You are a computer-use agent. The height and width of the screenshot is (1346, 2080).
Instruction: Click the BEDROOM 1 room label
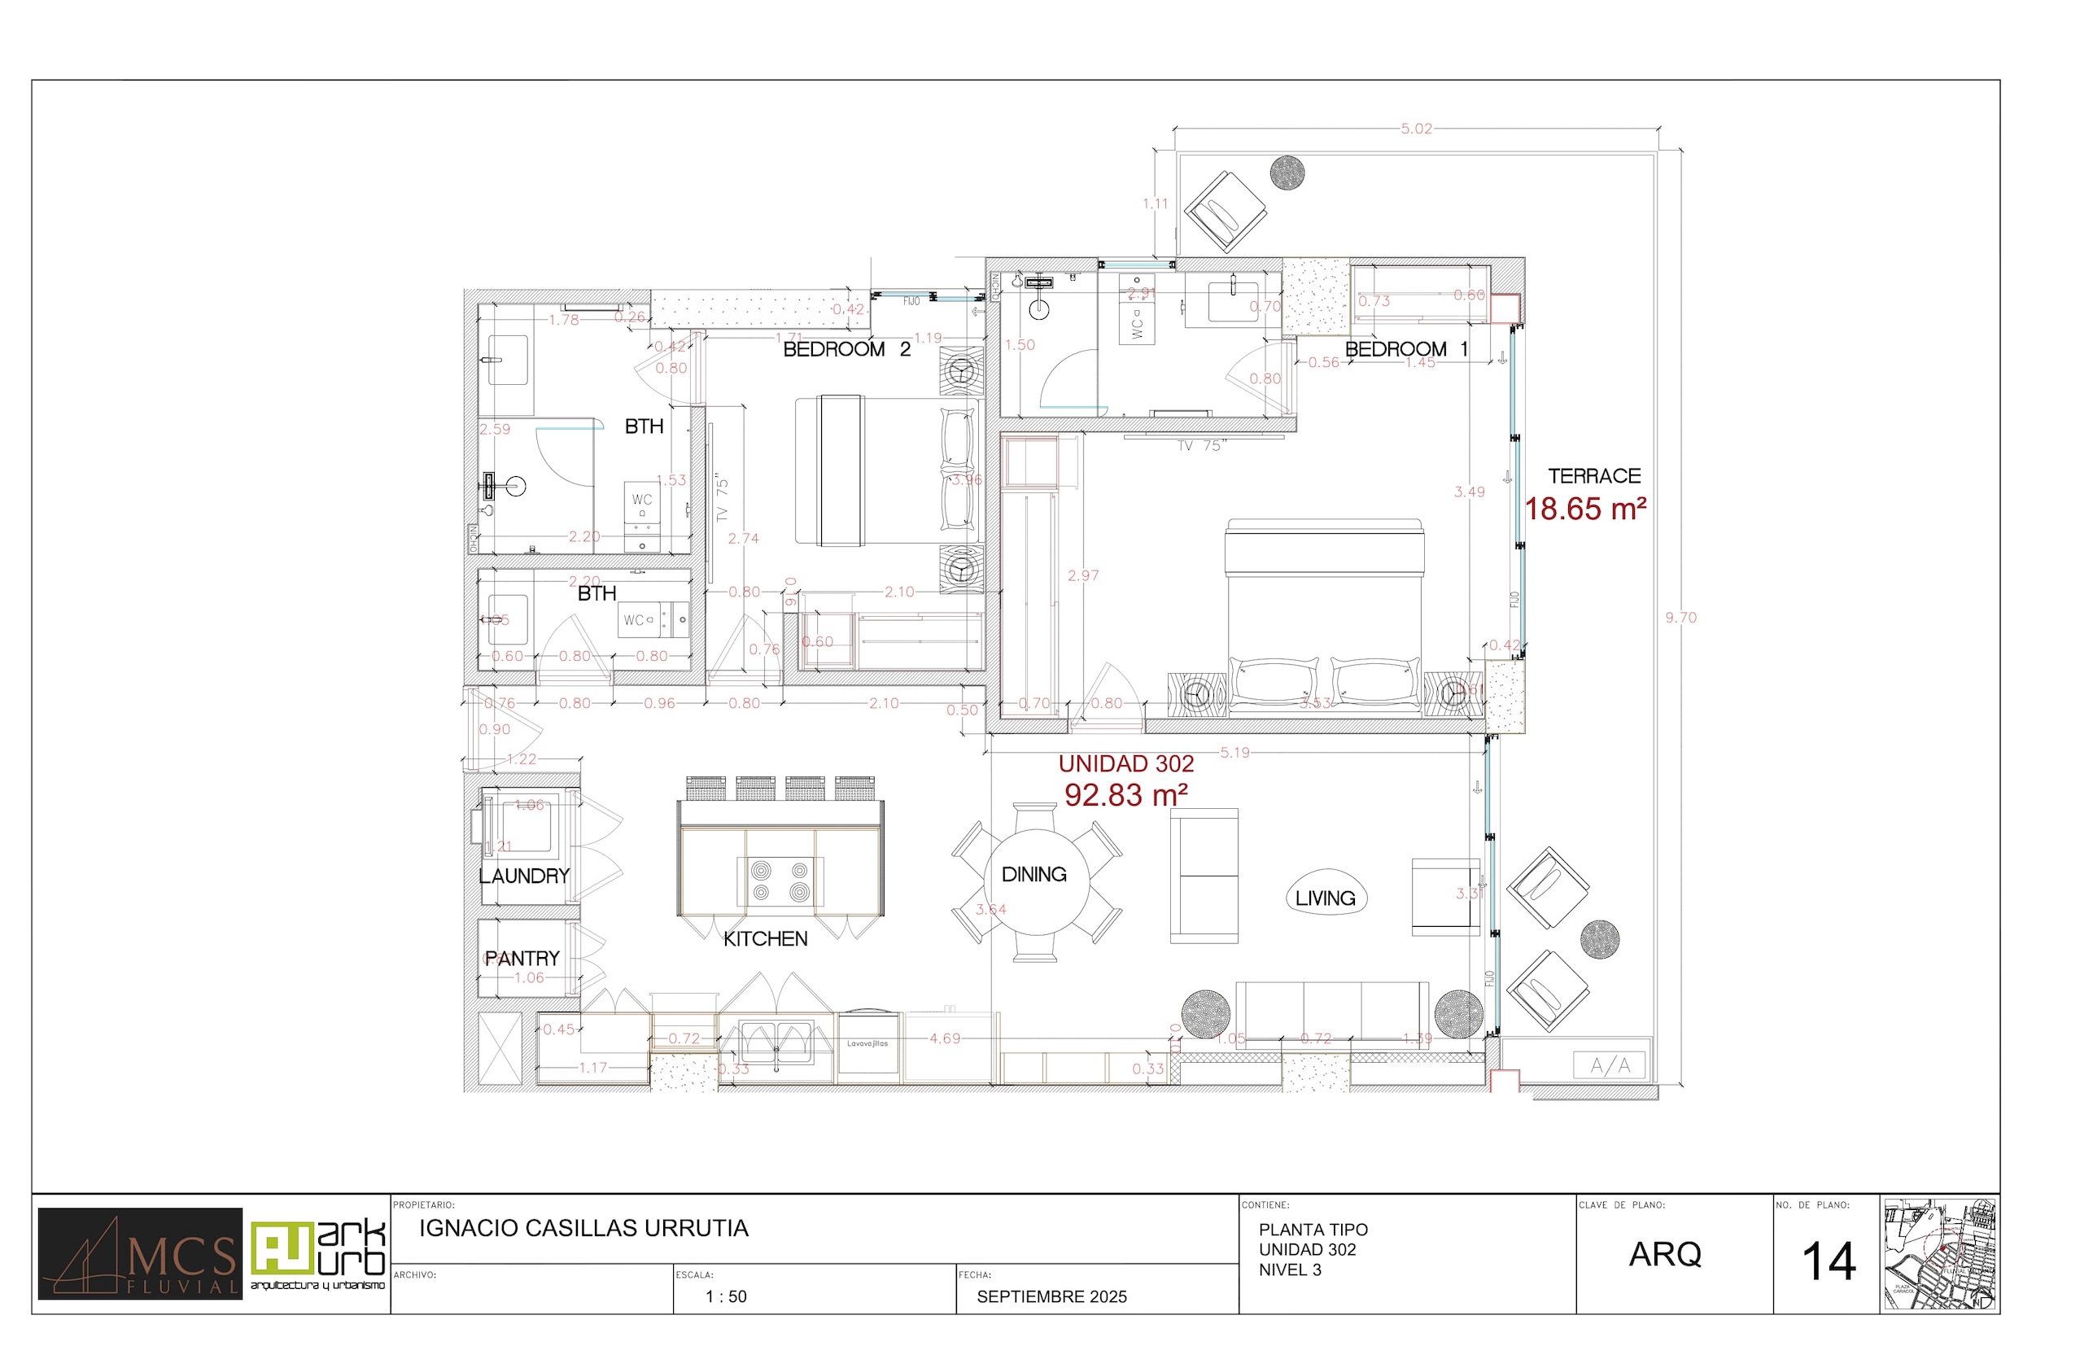pyautogui.click(x=1406, y=350)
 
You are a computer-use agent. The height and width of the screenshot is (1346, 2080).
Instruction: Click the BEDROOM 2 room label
pyautogui.click(x=846, y=350)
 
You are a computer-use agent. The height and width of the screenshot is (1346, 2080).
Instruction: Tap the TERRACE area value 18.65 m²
pyautogui.click(x=1585, y=509)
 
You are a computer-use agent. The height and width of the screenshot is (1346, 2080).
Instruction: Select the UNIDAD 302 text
pyautogui.click(x=1125, y=764)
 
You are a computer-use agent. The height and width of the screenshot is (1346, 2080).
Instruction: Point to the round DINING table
pyautogui.click(x=1036, y=883)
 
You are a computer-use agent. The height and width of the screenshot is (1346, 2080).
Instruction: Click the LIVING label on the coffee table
pyautogui.click(x=1325, y=898)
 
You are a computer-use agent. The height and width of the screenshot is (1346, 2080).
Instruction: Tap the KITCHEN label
pyautogui.click(x=765, y=940)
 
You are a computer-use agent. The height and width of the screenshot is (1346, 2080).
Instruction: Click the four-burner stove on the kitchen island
pyautogui.click(x=780, y=881)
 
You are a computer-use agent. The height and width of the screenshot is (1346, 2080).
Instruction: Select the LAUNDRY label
pyautogui.click(x=523, y=876)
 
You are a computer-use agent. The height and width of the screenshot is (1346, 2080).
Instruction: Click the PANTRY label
pyautogui.click(x=522, y=959)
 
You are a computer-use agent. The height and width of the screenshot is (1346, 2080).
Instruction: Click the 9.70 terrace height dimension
pyautogui.click(x=1680, y=618)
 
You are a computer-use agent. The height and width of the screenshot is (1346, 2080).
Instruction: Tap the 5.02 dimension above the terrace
pyautogui.click(x=1416, y=129)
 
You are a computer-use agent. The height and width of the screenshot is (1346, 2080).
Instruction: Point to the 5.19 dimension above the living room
pyautogui.click(x=1234, y=753)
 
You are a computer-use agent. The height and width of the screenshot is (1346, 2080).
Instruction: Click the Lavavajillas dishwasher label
pyautogui.click(x=867, y=1043)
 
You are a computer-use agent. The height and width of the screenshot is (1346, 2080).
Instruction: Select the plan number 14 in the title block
pyautogui.click(x=1829, y=1262)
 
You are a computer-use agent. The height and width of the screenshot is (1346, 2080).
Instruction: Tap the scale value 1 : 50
pyautogui.click(x=725, y=1297)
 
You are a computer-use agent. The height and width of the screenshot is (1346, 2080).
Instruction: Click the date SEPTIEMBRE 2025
pyautogui.click(x=1051, y=1297)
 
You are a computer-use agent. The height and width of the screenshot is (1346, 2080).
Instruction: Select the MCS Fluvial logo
pyautogui.click(x=140, y=1254)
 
